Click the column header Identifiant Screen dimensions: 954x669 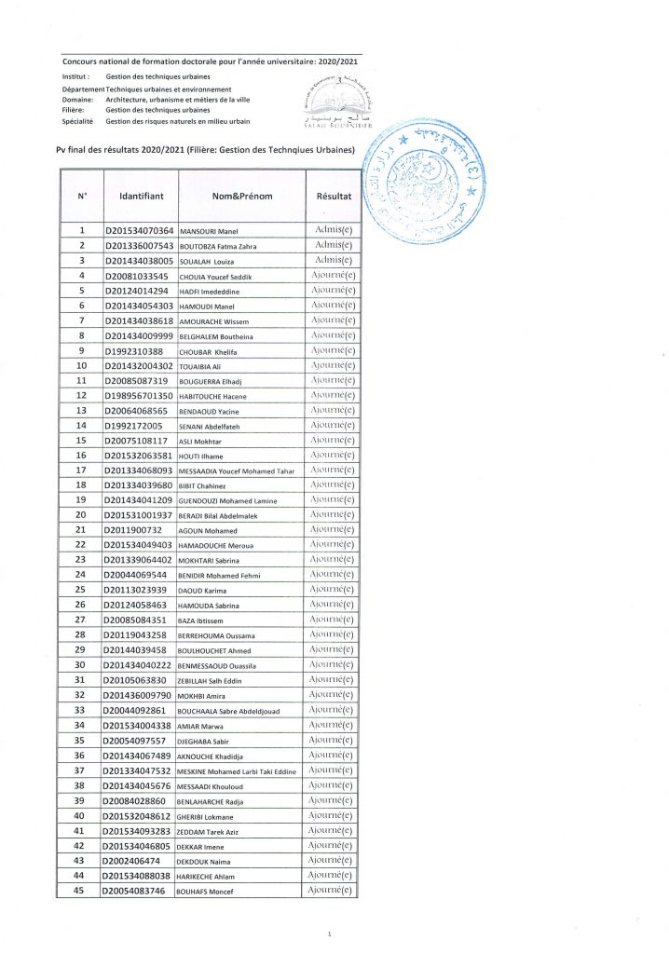tap(142, 198)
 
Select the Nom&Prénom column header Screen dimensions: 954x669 tap(240, 198)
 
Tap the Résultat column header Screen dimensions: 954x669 tap(334, 198)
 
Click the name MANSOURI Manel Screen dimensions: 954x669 tap(211, 231)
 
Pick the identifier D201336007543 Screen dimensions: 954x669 tap(138, 246)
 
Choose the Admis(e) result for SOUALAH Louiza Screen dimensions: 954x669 tap(333, 261)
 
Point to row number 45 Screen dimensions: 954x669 tap(81, 892)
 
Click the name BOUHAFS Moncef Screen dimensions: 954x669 tap(208, 893)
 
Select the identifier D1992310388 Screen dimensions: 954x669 tap(133, 351)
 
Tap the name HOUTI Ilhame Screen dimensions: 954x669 tap(202, 457)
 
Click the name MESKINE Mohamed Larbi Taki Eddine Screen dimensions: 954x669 tap(236, 771)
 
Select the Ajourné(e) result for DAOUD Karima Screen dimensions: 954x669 tap(333, 590)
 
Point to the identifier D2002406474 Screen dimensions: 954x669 tap(133, 862)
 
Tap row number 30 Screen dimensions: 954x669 tap(81, 665)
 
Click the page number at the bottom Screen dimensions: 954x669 tap(331, 934)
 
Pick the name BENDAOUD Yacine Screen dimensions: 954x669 tap(211, 412)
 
